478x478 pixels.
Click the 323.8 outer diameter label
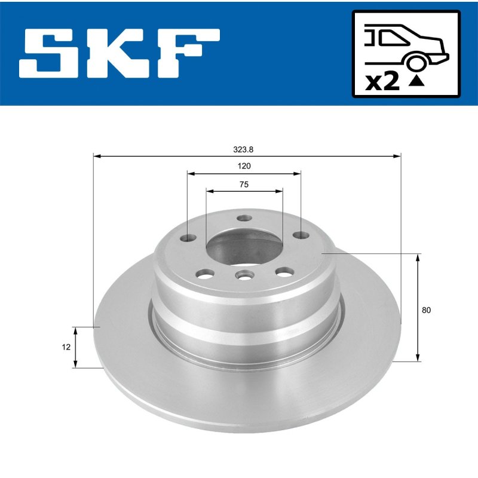243,150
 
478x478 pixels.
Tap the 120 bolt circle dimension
244,166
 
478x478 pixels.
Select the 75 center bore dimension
244,185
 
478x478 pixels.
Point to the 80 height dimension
426,310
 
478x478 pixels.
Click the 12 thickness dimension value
66,347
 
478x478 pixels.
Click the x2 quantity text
382,82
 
